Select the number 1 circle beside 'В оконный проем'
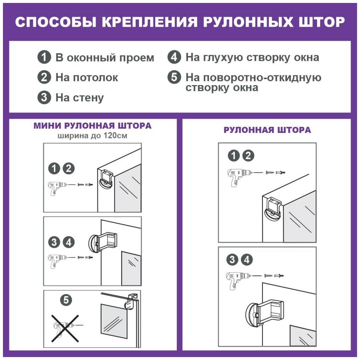pos(44,57)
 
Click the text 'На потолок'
pos(87,78)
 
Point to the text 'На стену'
pos(80,98)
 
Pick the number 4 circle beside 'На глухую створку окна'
pos(174,57)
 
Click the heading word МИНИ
pos(47,126)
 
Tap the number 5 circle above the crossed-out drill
pos(66,300)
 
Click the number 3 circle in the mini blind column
pos(54,242)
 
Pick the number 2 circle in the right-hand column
pos(248,156)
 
